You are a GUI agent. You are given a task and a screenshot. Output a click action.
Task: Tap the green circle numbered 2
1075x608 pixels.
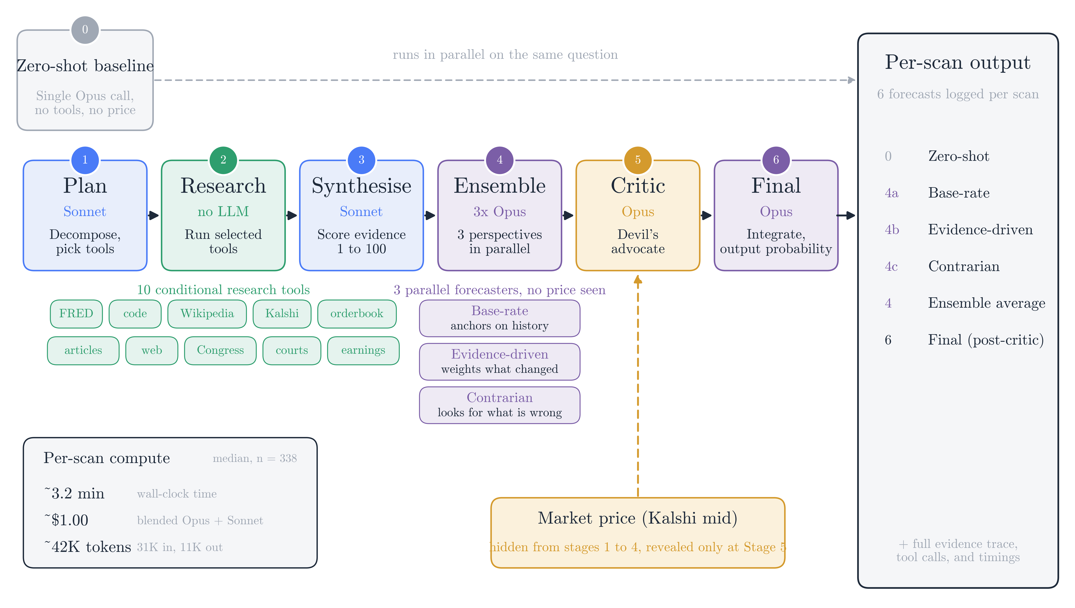223,160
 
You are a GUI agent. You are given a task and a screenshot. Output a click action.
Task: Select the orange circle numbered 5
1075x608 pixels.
638,160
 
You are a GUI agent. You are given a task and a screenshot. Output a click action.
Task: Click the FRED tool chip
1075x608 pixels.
76,314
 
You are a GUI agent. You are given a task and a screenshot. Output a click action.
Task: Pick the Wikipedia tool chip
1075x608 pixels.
207,314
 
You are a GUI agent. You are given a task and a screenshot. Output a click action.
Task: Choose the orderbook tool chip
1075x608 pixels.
357,314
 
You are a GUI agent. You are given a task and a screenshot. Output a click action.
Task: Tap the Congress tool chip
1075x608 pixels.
220,350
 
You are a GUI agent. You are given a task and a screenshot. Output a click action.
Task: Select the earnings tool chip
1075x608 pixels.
363,350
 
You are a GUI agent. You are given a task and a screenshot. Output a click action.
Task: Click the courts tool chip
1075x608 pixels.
292,350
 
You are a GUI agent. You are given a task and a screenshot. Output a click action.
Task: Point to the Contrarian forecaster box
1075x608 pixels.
500,405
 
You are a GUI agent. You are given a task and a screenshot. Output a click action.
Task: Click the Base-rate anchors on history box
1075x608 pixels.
500,318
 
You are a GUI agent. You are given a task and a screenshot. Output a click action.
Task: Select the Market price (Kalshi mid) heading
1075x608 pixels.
638,518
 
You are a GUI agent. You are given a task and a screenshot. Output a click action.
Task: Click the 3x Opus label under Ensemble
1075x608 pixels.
500,212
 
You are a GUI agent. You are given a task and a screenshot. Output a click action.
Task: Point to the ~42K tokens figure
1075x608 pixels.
88,547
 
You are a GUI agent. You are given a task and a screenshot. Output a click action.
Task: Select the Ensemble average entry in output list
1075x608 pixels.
987,303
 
